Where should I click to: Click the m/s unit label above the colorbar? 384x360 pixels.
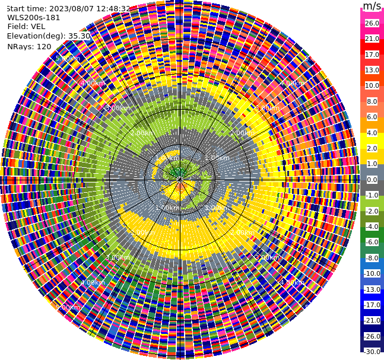[372, 7]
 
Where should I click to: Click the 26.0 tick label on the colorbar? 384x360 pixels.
[372, 24]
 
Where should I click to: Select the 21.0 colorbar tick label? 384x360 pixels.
[372, 39]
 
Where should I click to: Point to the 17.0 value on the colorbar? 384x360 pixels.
[372, 55]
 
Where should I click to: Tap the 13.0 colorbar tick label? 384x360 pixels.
[372, 70]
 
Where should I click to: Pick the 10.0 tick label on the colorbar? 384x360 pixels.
[372, 86]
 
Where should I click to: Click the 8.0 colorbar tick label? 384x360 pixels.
[372, 101]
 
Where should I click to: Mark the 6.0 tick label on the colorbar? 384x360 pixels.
[372, 117]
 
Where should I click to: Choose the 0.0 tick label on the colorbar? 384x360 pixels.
[372, 180]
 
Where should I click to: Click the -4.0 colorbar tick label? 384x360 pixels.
[372, 227]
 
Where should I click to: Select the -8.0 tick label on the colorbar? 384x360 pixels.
[372, 258]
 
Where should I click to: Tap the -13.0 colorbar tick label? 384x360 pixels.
[372, 289]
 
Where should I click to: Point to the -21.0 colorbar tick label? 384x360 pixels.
[372, 320]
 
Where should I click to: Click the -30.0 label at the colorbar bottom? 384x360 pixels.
[372, 352]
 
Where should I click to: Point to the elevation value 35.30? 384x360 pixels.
[79, 36]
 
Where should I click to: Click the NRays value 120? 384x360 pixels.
[44, 47]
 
